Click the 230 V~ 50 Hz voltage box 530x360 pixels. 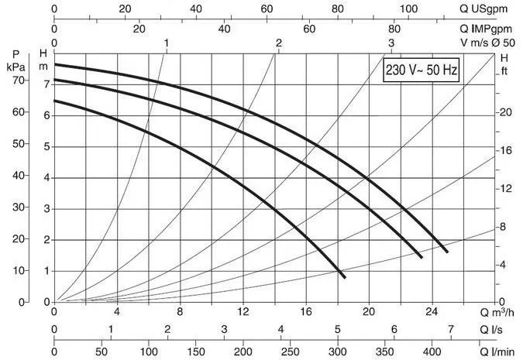tap(422, 71)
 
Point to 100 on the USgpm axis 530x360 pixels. tap(408, 10)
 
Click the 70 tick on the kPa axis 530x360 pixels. tap(18, 82)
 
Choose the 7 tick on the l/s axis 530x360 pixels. tap(451, 330)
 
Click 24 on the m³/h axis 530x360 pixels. tap(432, 312)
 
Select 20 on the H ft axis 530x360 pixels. tap(506, 112)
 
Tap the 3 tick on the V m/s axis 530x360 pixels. tap(391, 43)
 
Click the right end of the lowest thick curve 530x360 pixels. tap(343, 276)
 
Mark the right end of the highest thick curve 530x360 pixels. tap(446, 251)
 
